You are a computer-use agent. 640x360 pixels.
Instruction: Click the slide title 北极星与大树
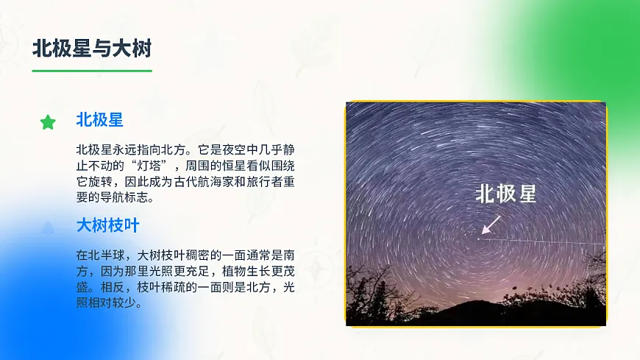(x=92, y=49)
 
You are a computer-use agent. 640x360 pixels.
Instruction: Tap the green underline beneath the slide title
(x=92, y=71)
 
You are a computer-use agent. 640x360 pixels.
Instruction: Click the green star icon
(x=48, y=122)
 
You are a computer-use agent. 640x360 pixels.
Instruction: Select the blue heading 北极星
(x=99, y=120)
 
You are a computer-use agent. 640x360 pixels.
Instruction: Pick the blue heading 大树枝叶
(x=107, y=225)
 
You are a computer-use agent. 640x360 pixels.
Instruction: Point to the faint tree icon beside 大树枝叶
(x=48, y=227)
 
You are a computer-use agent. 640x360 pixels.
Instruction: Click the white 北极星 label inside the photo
(x=505, y=194)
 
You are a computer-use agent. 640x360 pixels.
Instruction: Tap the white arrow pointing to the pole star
(x=491, y=225)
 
